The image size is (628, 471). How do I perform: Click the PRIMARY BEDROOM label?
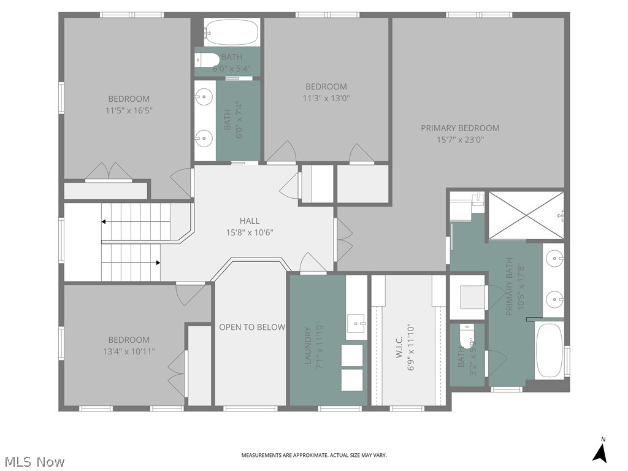coord(460,128)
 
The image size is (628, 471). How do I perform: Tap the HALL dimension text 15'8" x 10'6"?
coord(249,232)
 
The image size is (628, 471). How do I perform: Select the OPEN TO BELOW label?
coord(252,327)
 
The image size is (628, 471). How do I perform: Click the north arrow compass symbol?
coord(600,452)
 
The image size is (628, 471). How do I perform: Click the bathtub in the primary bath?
coord(549,350)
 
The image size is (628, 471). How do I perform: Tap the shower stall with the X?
coord(526,215)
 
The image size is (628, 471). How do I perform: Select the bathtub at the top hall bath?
coord(231,32)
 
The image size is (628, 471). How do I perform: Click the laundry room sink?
coord(356,323)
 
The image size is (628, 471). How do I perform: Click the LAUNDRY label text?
coord(308,345)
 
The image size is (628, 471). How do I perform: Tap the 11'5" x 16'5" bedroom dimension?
coord(129,110)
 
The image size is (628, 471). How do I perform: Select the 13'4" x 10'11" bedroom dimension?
coord(129,351)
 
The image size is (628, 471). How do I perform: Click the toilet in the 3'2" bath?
coord(465,336)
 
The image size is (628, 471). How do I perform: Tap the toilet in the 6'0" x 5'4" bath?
coord(205,59)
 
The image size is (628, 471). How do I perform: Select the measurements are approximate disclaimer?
coord(313,455)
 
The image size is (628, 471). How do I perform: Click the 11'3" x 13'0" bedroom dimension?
coord(326,98)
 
